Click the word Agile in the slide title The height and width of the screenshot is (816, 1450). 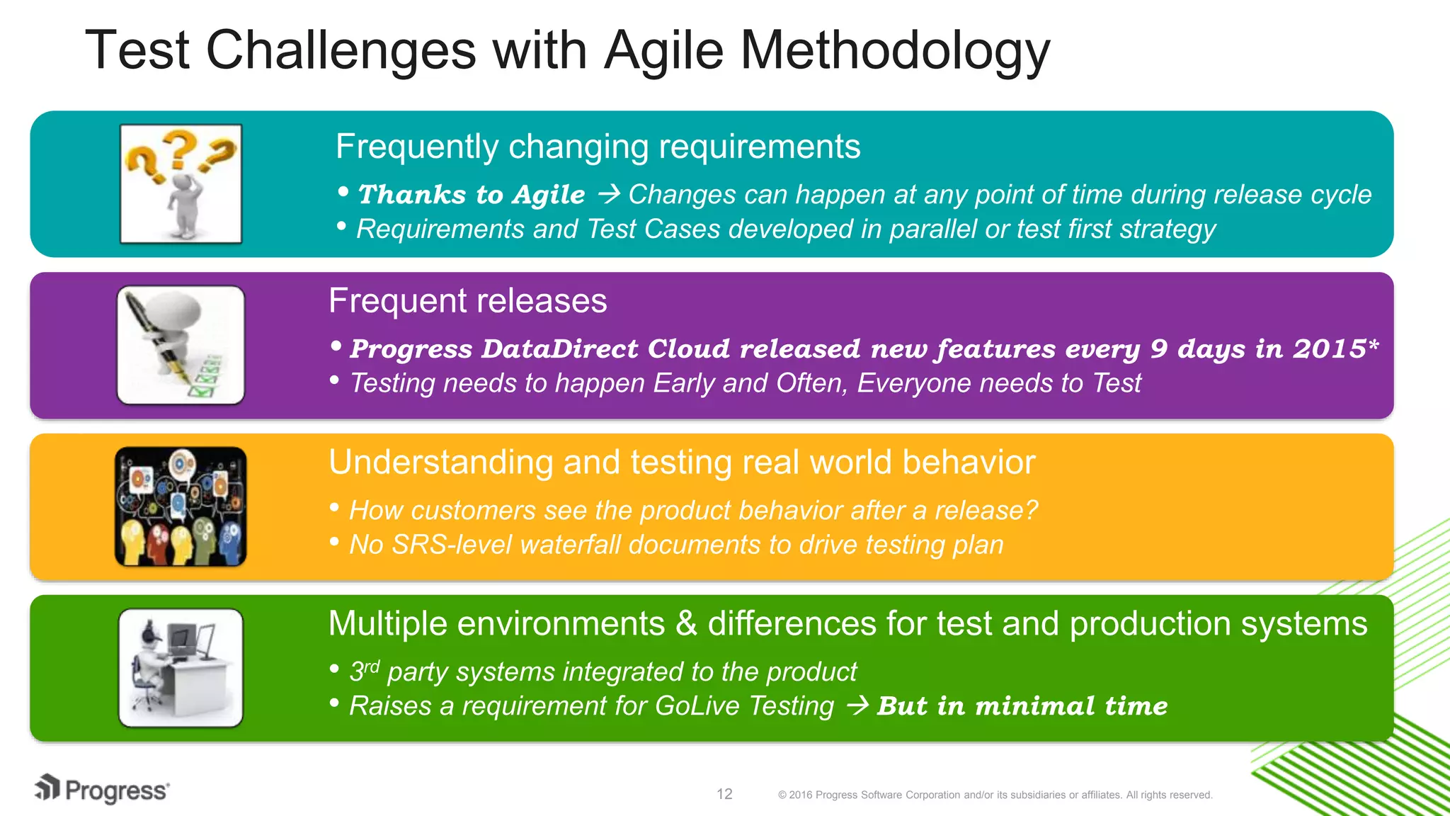coord(663,51)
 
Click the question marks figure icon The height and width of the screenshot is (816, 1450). coord(181,184)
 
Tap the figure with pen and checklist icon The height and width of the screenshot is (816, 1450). coord(181,346)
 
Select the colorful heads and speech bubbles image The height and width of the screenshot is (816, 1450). coord(181,506)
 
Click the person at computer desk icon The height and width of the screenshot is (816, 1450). coord(181,668)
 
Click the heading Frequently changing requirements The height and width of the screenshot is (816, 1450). coord(598,147)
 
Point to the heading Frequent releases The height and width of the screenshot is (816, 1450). coord(467,301)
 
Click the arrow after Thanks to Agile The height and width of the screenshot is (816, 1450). coord(609,194)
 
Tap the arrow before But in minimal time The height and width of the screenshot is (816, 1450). coord(857,705)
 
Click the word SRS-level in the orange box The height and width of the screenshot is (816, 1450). coord(451,545)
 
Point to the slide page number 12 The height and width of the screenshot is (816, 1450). coord(724,794)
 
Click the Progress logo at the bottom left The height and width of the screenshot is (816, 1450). coord(103,790)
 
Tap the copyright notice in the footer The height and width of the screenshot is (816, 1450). coord(995,795)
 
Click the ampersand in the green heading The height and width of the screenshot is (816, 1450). coord(686,624)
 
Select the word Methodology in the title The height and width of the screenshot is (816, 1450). coord(895,51)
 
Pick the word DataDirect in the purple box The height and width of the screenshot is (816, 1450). coord(560,348)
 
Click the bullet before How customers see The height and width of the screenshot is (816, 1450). coord(335,508)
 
